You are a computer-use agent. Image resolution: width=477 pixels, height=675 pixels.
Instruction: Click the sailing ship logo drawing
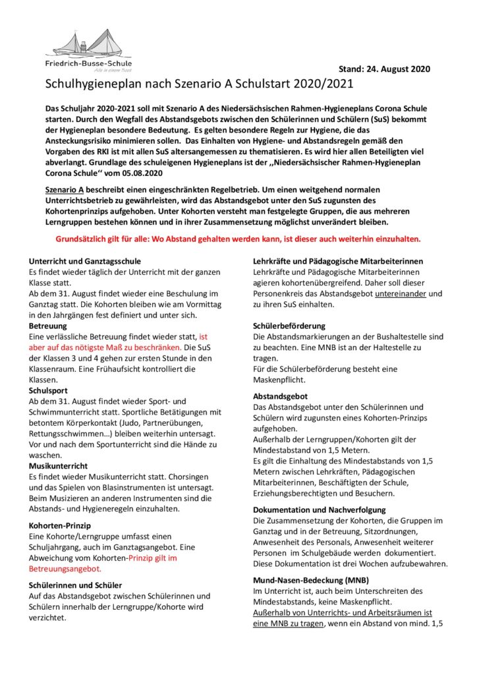pos(88,44)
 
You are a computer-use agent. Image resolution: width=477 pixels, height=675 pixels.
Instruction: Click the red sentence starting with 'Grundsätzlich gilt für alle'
pos(237,239)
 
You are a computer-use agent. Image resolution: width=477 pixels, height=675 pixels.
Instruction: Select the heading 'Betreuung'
pos(47,326)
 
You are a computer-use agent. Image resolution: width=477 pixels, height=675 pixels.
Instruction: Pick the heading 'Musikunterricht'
pos(59,465)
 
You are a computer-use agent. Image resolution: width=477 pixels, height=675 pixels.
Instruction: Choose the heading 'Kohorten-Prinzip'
pos(60,525)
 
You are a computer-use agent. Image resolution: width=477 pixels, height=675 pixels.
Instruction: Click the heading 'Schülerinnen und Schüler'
pos(75,585)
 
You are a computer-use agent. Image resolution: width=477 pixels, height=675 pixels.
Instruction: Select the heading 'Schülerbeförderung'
pos(290,326)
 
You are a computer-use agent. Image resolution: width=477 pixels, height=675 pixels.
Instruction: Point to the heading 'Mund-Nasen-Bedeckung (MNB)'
pos(308,580)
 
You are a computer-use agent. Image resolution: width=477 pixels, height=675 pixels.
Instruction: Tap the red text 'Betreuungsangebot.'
pos(65,568)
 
